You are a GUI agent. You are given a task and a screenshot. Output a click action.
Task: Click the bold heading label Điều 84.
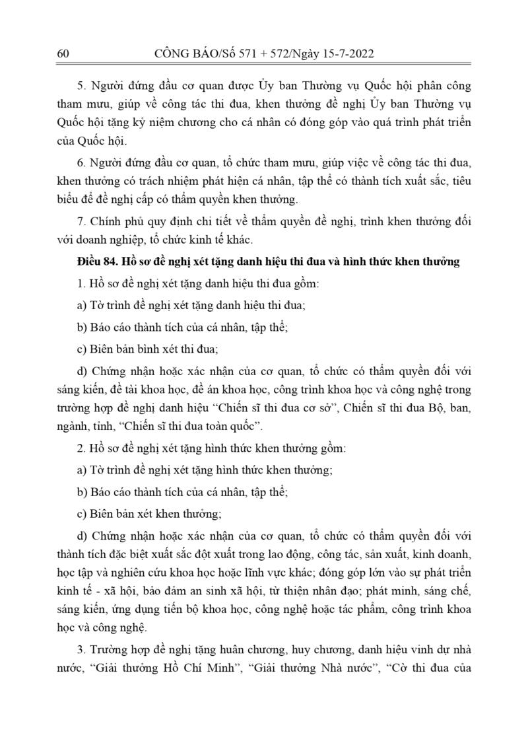pyautogui.click(x=98, y=262)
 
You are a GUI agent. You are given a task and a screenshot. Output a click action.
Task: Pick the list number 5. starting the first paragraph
pyautogui.click(x=82, y=86)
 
